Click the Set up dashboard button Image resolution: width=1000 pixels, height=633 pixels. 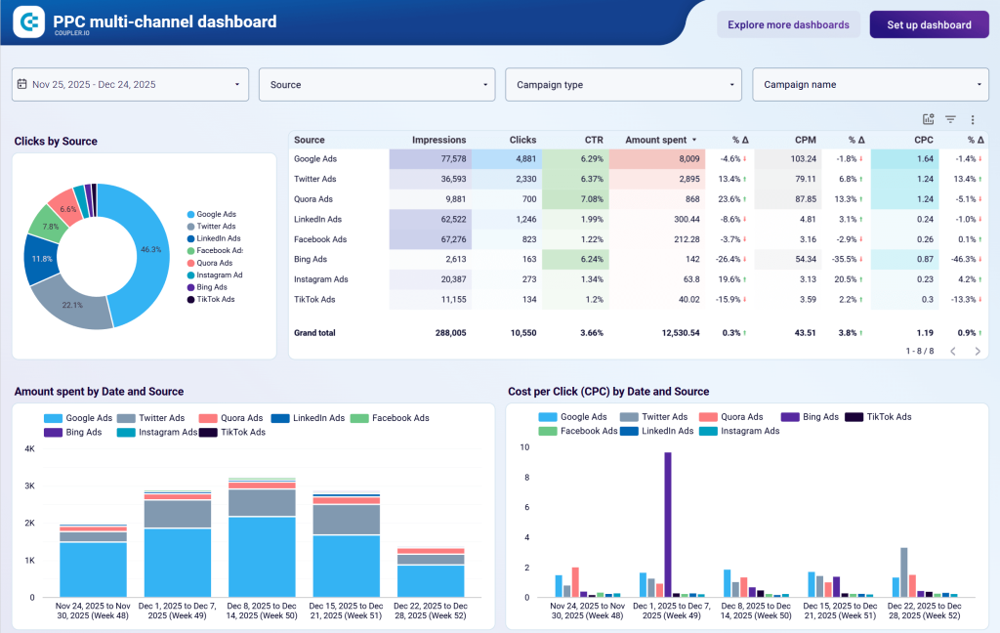coord(929,24)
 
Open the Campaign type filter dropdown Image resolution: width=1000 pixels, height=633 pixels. coord(623,85)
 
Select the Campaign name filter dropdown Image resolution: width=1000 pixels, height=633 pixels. coord(870,85)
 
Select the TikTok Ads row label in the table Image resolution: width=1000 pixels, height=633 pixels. coord(314,300)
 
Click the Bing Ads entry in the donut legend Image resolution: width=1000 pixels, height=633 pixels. coord(211,287)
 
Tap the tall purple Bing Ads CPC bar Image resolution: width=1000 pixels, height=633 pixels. coord(668,524)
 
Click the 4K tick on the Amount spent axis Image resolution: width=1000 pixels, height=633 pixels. coord(29,448)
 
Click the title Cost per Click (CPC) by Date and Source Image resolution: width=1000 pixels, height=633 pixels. coord(608,392)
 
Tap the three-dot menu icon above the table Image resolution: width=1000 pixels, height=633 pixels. coord(973,119)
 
